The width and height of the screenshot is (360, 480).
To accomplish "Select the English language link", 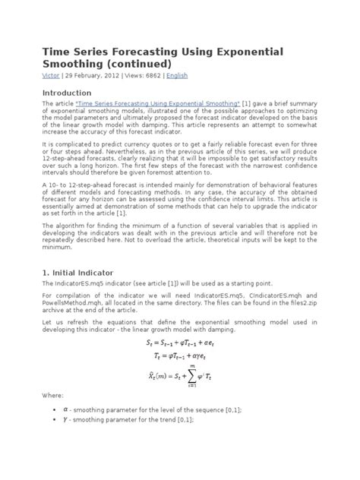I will click(x=176, y=76).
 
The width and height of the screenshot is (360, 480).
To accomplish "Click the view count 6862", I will click(x=152, y=76).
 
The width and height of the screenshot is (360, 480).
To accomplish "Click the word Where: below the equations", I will click(x=52, y=394).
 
